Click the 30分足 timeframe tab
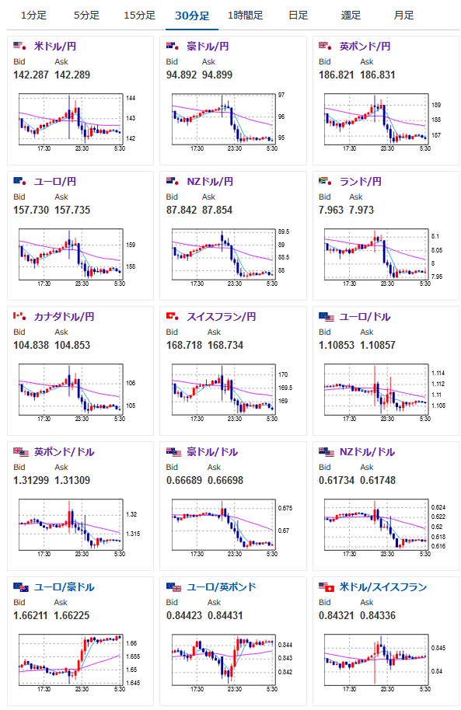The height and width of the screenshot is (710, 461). tap(192, 16)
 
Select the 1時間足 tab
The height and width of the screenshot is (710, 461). tap(245, 16)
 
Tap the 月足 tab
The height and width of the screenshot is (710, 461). tap(403, 16)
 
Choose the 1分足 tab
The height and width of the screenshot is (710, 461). tap(33, 16)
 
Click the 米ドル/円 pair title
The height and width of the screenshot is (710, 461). tap(55, 46)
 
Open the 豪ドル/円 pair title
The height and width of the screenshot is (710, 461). tap(208, 46)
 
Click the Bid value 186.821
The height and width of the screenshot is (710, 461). tap(337, 75)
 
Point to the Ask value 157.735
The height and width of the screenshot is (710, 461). tap(72, 210)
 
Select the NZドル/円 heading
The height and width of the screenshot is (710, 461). tap(210, 182)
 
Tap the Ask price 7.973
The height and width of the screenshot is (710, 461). tap(361, 210)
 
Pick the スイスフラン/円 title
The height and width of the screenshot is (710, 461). tap(222, 316)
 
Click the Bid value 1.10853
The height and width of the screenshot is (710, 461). tap(337, 345)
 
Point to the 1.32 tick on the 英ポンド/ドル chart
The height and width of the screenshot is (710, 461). tap(131, 514)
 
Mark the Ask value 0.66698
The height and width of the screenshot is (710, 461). tap(225, 480)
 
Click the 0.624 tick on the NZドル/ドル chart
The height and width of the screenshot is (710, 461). tap(438, 507)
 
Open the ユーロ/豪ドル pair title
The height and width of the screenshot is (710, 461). tap(65, 587)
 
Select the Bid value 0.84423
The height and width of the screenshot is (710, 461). tap(184, 616)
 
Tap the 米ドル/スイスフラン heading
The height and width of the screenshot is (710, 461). tap(383, 587)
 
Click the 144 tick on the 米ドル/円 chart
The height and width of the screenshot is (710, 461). tap(131, 98)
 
